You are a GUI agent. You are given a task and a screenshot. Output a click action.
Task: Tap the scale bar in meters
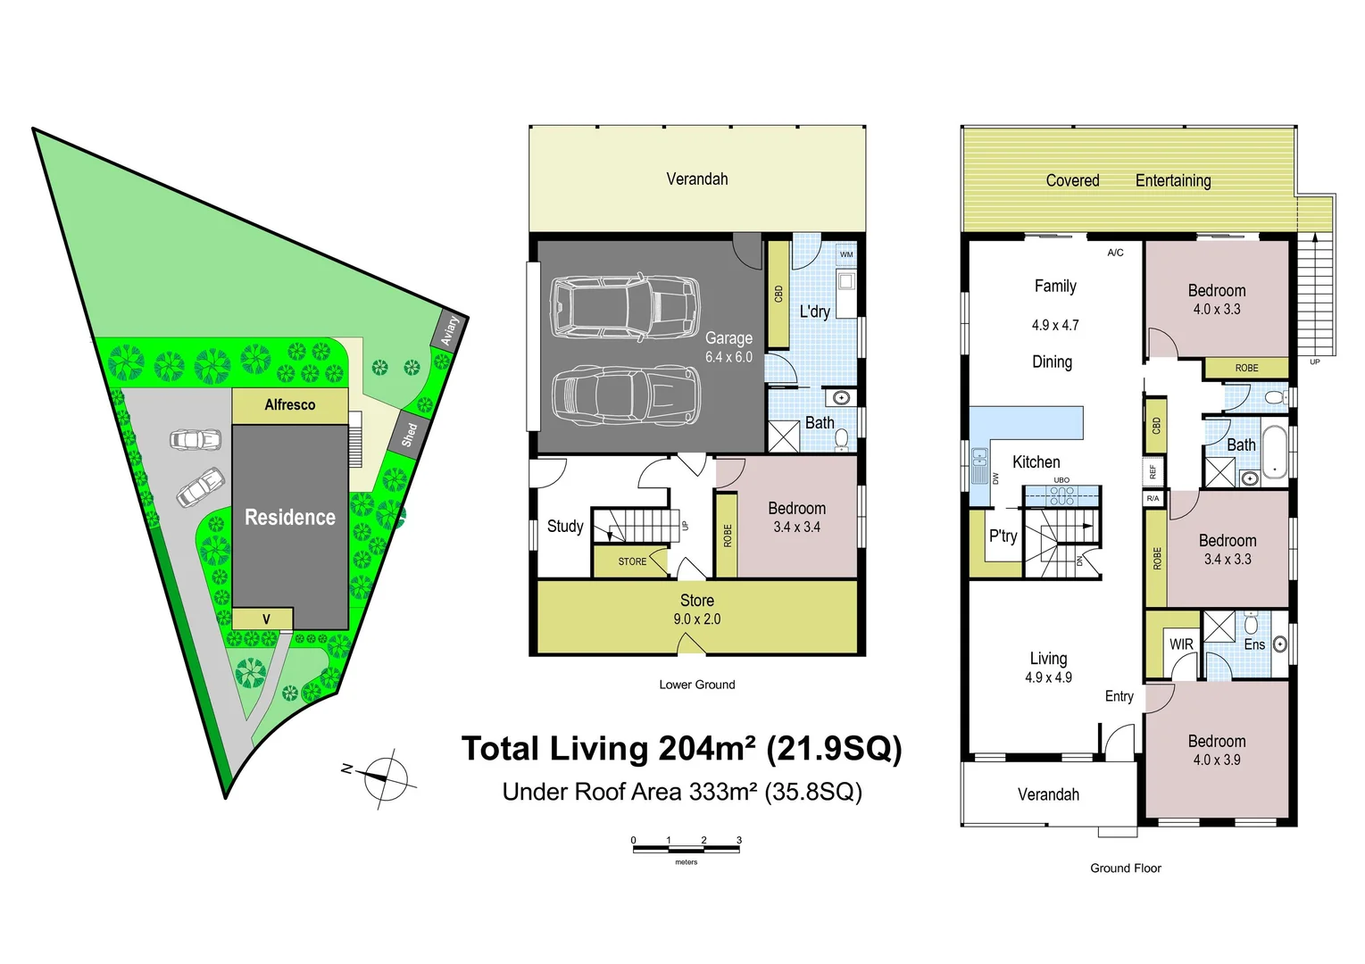pyautogui.click(x=687, y=849)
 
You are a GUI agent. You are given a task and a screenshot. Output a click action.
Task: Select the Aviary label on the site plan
pyautogui.click(x=450, y=331)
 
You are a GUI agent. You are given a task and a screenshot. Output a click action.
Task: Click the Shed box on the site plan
pyautogui.click(x=410, y=433)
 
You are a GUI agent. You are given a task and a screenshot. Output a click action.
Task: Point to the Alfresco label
pyautogui.click(x=290, y=404)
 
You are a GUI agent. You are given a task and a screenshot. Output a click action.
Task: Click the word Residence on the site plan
pyautogui.click(x=290, y=518)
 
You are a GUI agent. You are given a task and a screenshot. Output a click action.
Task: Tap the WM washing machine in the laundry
pyautogui.click(x=846, y=254)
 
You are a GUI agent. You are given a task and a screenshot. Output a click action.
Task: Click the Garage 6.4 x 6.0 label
pyautogui.click(x=728, y=347)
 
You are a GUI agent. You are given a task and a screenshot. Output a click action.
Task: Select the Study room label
pyautogui.click(x=565, y=526)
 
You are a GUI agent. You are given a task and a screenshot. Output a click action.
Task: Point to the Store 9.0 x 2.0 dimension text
pyautogui.click(x=697, y=619)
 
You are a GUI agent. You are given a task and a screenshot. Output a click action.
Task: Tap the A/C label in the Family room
pyautogui.click(x=1115, y=253)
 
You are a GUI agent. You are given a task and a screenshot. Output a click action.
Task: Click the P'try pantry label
pyautogui.click(x=1003, y=536)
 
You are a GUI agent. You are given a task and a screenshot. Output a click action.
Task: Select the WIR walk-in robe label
pyautogui.click(x=1181, y=644)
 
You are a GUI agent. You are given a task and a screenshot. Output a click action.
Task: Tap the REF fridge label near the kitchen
pyautogui.click(x=1153, y=471)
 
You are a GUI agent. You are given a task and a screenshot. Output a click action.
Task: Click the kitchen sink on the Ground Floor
pyautogui.click(x=979, y=466)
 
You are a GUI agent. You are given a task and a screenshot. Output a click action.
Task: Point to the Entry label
pyautogui.click(x=1119, y=696)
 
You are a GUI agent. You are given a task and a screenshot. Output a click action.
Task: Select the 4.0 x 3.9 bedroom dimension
pyautogui.click(x=1217, y=760)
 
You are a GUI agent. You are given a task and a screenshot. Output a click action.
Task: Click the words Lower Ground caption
pyautogui.click(x=697, y=685)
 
